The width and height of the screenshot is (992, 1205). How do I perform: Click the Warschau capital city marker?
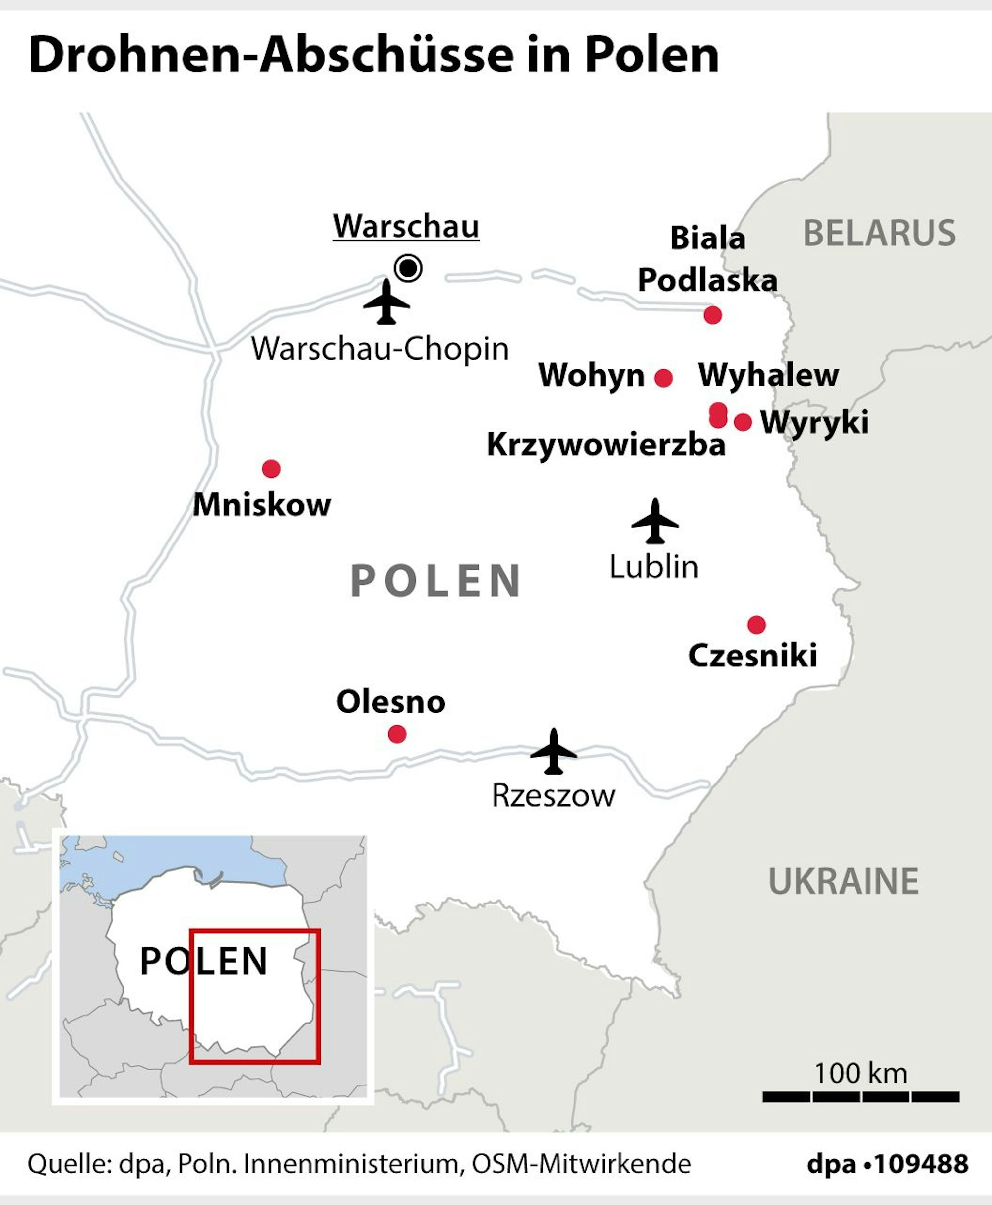[408, 267]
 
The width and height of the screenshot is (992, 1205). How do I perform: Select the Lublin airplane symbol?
[655, 521]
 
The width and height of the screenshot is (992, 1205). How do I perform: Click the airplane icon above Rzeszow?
[553, 752]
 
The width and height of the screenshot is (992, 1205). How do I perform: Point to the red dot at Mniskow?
[271, 469]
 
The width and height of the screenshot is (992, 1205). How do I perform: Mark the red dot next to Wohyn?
[663, 378]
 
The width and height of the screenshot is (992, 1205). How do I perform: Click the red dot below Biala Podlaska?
[713, 315]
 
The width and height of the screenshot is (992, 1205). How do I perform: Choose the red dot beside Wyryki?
[743, 422]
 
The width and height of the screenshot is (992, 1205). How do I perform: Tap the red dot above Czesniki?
[756, 624]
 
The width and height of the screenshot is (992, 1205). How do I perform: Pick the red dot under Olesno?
[397, 734]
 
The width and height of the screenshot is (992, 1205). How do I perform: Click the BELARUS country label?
[879, 233]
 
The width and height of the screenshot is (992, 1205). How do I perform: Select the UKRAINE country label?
[843, 881]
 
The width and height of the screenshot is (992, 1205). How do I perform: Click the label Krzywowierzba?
[606, 444]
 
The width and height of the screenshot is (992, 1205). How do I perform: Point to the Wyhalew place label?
[768, 375]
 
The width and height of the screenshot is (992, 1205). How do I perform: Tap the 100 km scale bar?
[861, 1096]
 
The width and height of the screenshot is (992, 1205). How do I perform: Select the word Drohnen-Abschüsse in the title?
[271, 56]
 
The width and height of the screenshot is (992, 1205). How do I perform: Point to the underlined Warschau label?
[406, 226]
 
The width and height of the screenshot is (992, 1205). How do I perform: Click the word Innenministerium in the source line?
[350, 1164]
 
